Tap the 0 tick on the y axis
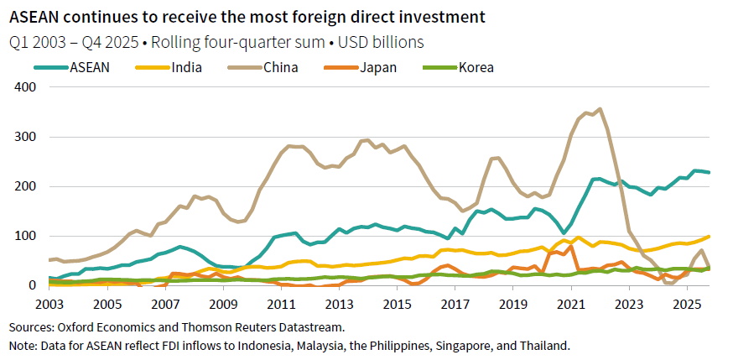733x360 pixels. (34, 285)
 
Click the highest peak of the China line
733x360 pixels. (599, 108)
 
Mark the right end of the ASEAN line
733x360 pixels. (710, 173)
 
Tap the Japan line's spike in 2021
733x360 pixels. (572, 246)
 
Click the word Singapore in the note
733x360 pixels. (448, 345)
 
